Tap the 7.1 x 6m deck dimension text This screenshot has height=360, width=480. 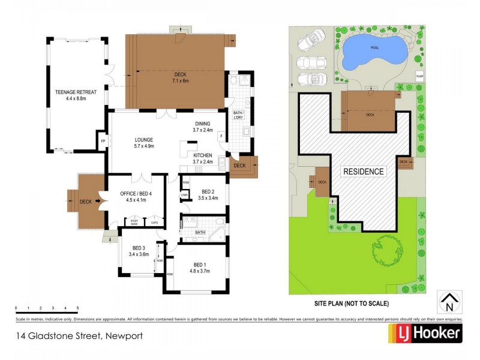click(x=181, y=80)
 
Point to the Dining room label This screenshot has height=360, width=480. click(x=203, y=123)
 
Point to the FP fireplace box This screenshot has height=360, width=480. click(x=103, y=142)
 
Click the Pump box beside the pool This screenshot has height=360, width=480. click(x=420, y=77)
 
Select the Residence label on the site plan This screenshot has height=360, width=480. click(x=363, y=172)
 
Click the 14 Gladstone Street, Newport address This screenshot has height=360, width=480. click(x=80, y=336)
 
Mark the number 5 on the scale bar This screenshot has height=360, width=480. click(x=77, y=308)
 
